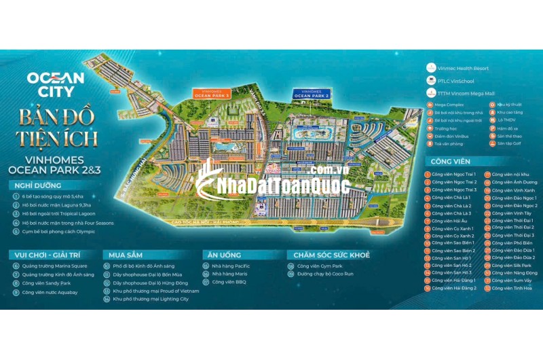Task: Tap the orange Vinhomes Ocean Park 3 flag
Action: (x=212, y=94)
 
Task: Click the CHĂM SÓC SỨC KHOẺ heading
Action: (x=331, y=255)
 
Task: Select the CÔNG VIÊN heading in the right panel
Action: (x=450, y=162)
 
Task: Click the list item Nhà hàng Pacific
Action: (x=231, y=266)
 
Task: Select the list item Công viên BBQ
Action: (x=228, y=282)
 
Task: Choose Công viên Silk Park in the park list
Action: (x=507, y=265)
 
